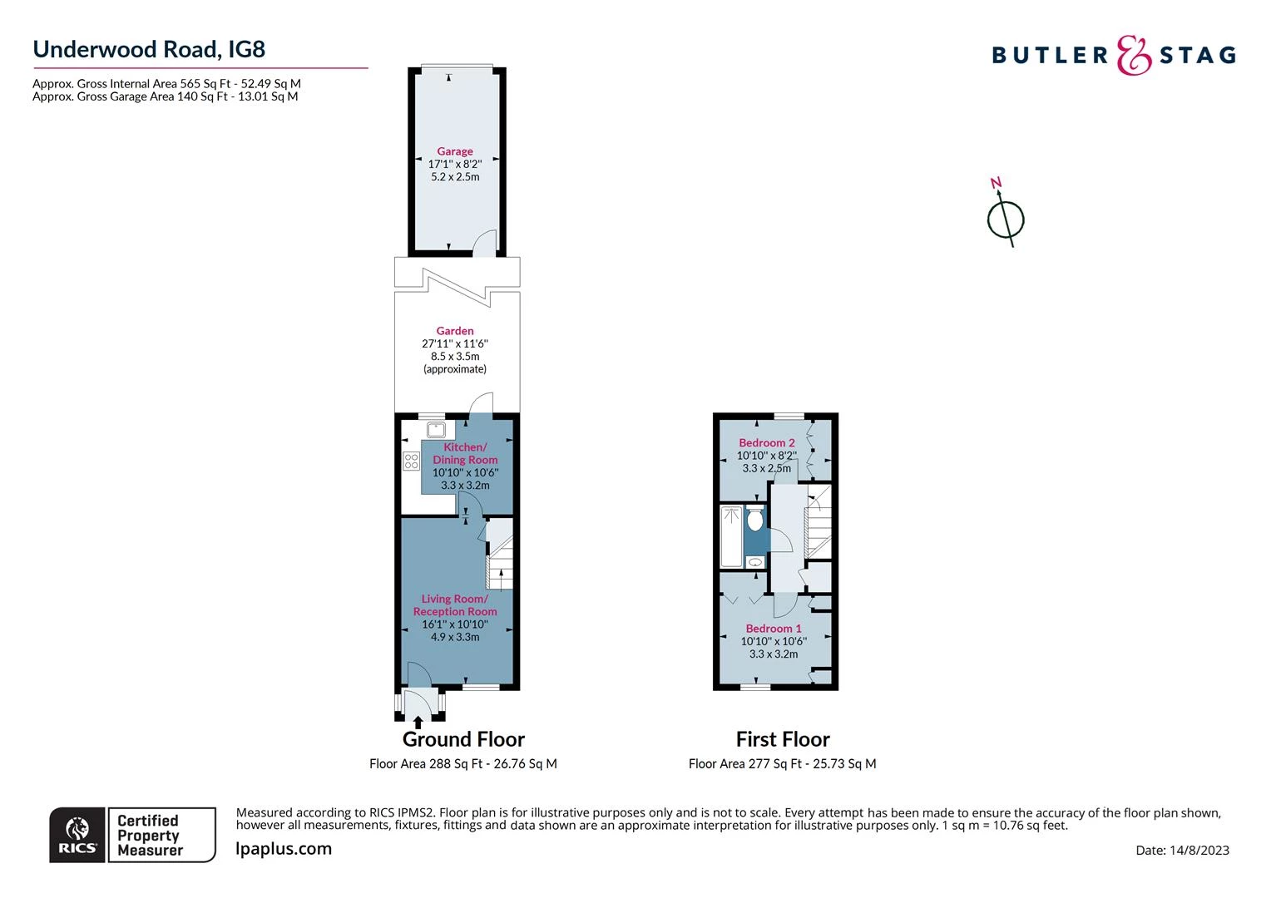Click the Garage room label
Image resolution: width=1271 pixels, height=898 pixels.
click(x=455, y=151)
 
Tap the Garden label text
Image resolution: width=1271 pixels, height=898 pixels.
click(x=455, y=331)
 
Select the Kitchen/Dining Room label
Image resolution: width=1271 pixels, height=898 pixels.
click(x=465, y=453)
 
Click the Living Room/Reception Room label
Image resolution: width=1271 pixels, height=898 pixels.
click(x=455, y=605)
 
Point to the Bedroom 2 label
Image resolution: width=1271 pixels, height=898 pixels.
click(x=767, y=442)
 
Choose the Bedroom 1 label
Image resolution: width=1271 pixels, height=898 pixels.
click(x=774, y=629)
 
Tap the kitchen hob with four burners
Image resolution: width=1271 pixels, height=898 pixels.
click(x=411, y=461)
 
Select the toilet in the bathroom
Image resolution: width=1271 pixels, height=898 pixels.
click(x=754, y=520)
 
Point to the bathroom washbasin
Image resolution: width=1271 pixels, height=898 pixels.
click(x=755, y=563)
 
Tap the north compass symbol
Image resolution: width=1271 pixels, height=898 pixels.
click(x=1006, y=218)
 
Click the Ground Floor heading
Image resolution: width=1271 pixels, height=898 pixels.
click(x=463, y=739)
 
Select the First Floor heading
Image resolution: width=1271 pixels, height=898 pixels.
click(x=783, y=739)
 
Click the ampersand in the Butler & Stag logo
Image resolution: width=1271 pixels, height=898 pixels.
click(x=1134, y=56)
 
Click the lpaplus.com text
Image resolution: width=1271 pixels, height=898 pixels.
click(x=284, y=849)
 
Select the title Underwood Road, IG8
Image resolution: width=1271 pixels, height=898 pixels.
click(x=149, y=49)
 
